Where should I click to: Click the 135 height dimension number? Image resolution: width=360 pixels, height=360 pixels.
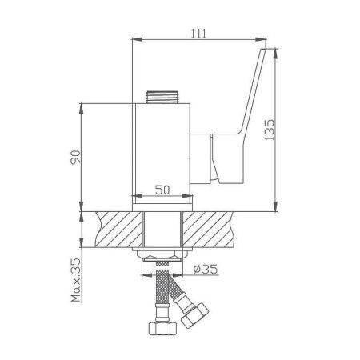[x=270, y=128]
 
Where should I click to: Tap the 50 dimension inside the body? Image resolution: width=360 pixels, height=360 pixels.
[x=162, y=190]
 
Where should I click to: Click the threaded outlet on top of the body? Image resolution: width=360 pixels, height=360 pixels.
[x=162, y=97]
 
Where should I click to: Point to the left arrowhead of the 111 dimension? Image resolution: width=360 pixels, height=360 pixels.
[x=135, y=40]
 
